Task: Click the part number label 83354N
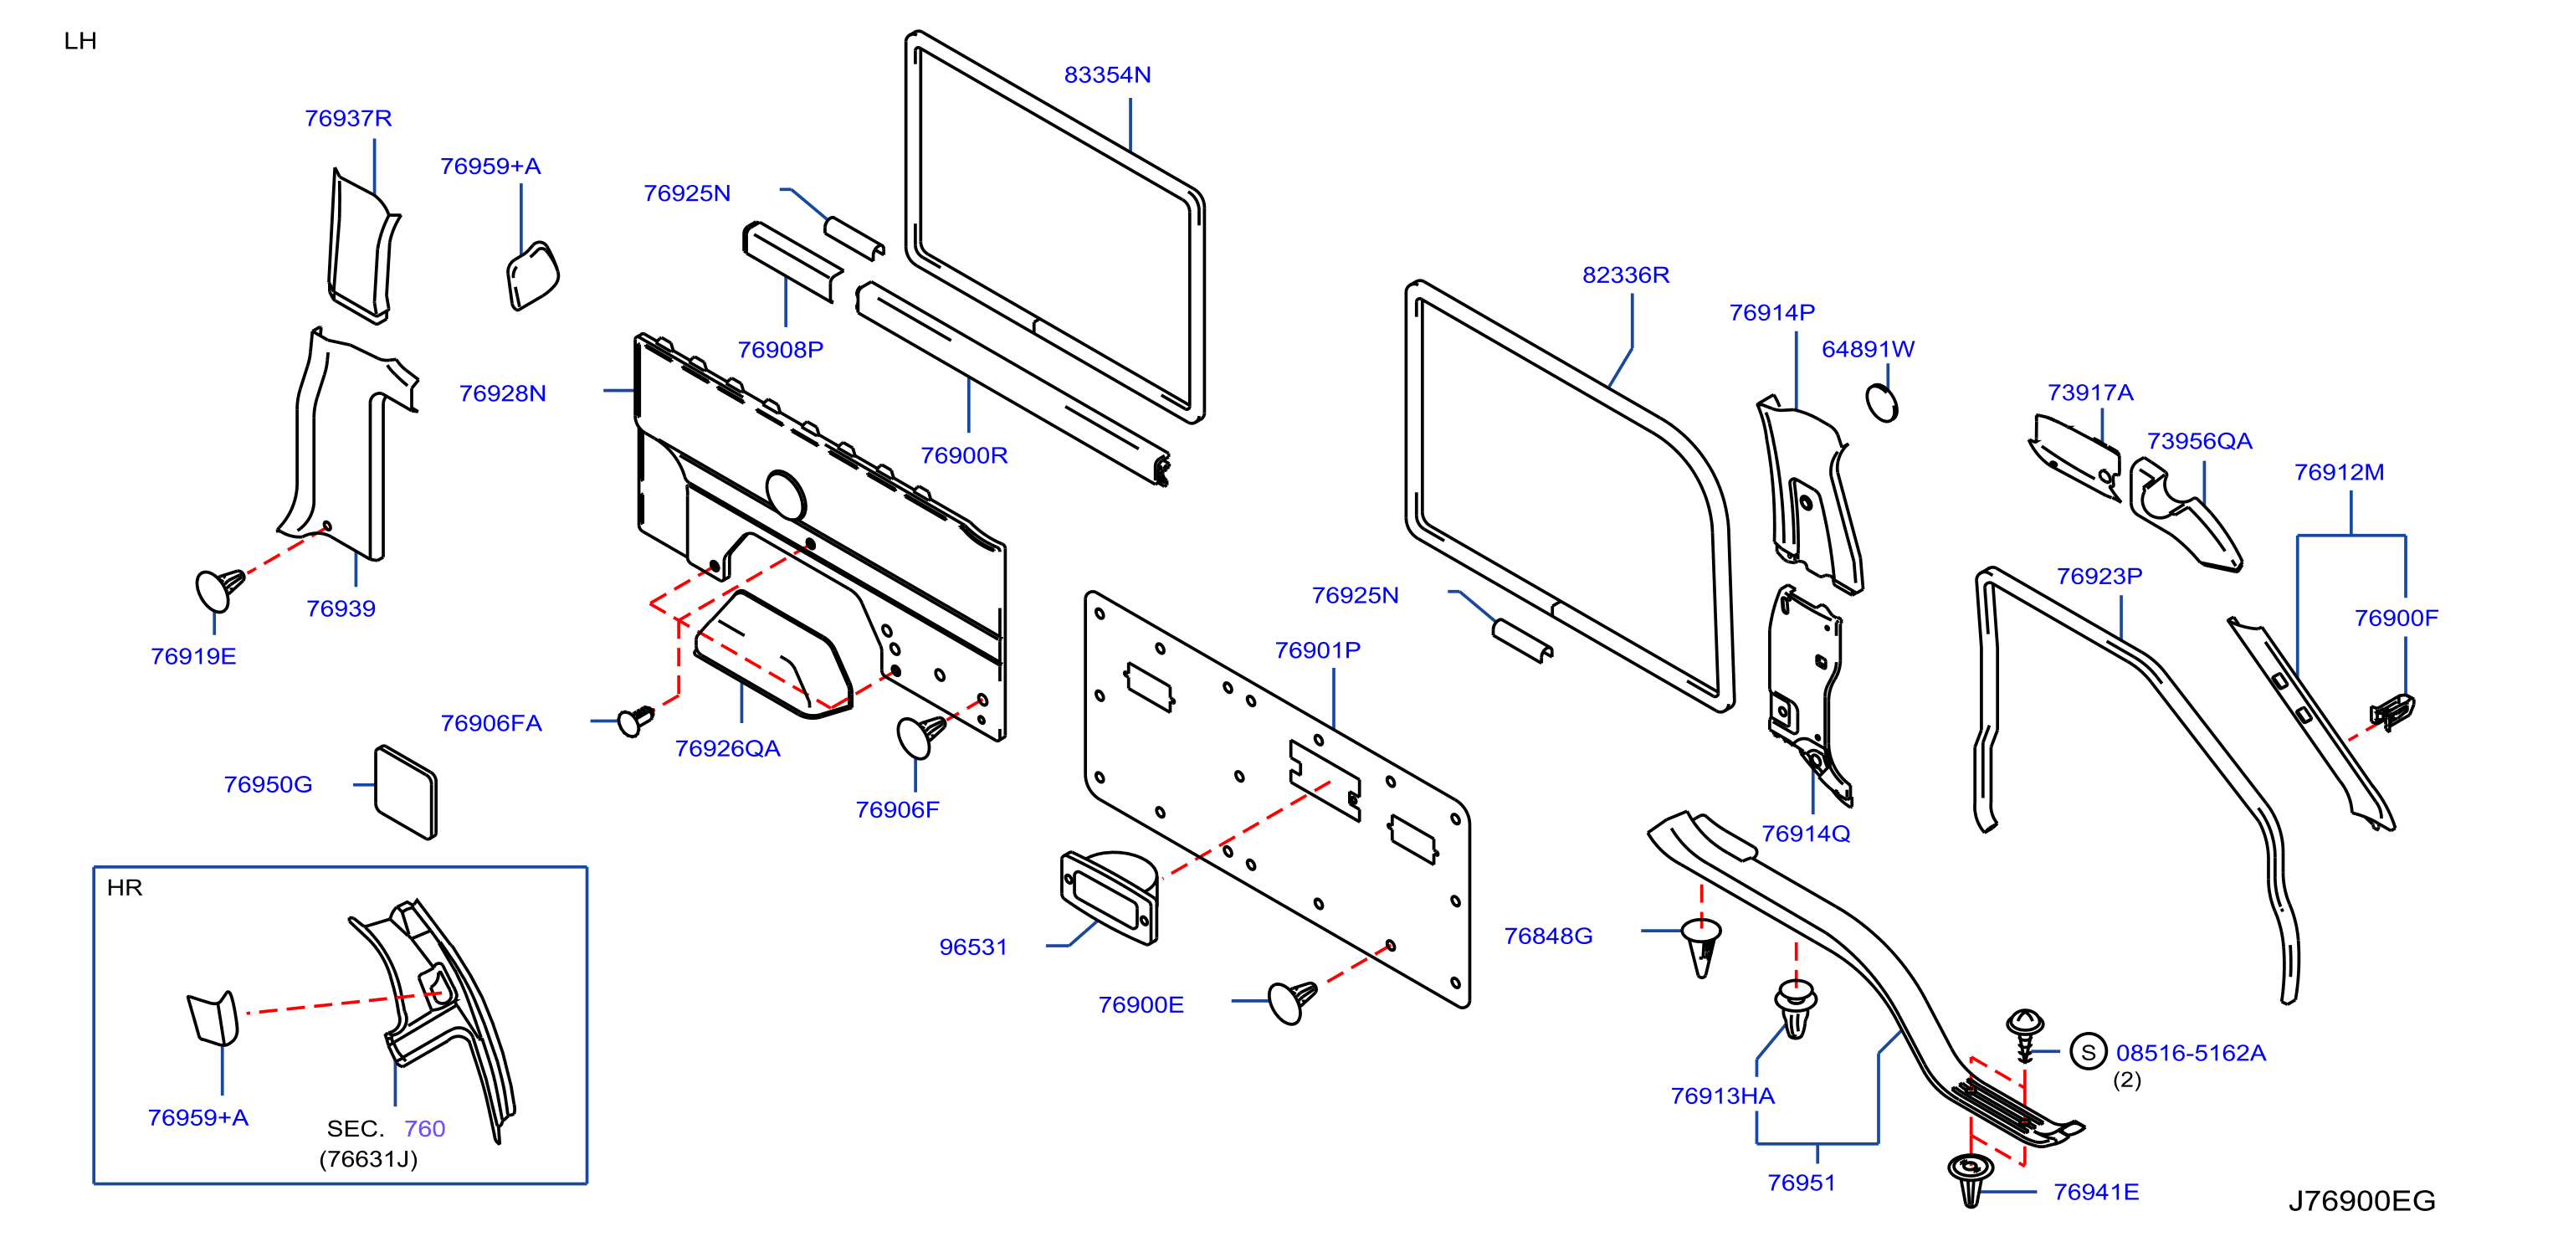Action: pos(1107,75)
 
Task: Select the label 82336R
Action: pos(1625,275)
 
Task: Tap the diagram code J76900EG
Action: pos(2361,1200)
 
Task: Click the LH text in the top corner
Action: pos(80,41)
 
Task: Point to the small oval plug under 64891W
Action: pos(1882,403)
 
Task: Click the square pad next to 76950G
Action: pos(405,792)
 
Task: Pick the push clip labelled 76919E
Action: pos(219,590)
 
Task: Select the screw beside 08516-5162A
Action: pos(2025,1034)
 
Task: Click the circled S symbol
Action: pos(2089,1052)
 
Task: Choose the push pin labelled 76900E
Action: pos(1292,1001)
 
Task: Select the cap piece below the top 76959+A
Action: pos(533,275)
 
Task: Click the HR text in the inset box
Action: pos(125,887)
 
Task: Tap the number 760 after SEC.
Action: pos(424,1128)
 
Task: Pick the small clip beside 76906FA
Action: pos(635,721)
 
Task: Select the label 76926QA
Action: pos(727,749)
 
